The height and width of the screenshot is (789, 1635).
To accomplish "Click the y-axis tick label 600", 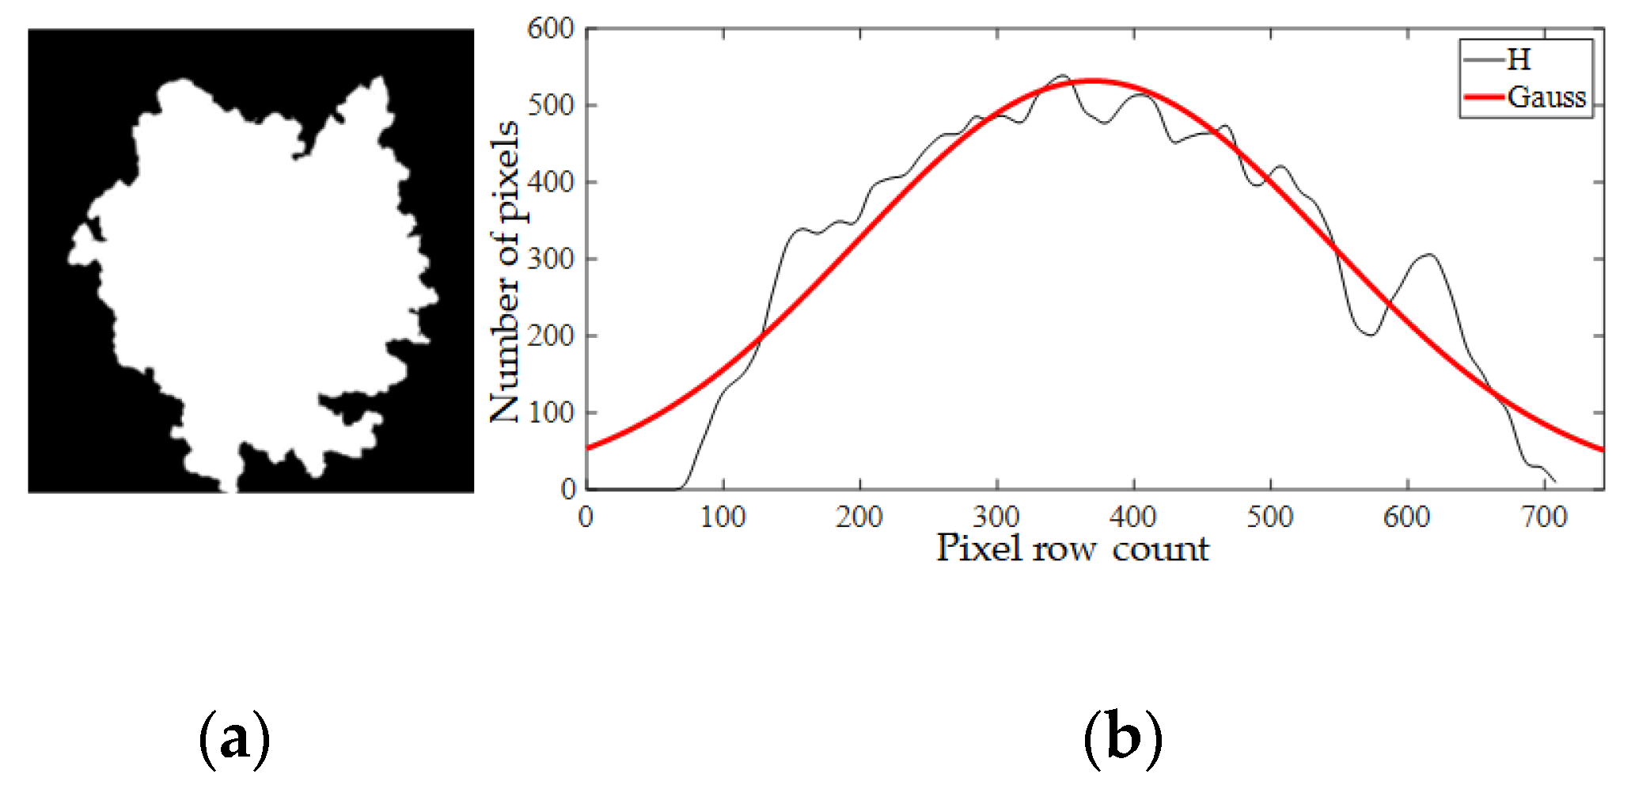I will (551, 28).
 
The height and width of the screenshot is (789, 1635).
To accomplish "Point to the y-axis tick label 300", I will (551, 259).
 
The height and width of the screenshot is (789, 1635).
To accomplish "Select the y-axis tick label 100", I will (551, 412).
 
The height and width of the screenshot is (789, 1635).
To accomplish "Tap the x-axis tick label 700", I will (1544, 518).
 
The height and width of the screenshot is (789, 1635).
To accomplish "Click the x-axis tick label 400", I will (1133, 518).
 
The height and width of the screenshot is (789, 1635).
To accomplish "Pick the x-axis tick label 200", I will (859, 518).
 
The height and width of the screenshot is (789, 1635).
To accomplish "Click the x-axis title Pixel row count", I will (1072, 548).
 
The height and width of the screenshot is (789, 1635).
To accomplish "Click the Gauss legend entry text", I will (1546, 97).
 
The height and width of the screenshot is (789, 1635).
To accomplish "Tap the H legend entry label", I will (1519, 59).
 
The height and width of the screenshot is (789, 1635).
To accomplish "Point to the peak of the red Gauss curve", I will (1092, 81).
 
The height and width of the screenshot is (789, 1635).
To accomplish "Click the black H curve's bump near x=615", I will (1428, 255).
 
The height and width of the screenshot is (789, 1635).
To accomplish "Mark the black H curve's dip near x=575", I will (1370, 335).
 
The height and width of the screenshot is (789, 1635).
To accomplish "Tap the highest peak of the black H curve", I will (1062, 75).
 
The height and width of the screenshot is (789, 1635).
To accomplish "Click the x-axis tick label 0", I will (586, 518).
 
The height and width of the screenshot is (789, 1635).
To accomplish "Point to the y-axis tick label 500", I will (551, 105).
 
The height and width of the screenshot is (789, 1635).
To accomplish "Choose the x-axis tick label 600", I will (1407, 518).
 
